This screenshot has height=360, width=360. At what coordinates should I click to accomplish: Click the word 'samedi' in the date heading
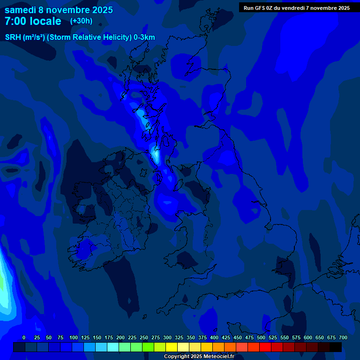(x=20, y=10)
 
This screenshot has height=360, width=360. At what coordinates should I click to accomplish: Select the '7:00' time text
(x=15, y=21)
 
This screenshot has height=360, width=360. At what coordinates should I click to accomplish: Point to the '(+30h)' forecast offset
(x=81, y=21)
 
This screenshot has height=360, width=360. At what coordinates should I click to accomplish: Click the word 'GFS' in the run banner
(x=260, y=7)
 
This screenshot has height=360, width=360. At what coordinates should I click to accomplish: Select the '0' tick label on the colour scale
(x=24, y=337)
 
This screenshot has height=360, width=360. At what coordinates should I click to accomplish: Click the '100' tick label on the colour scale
(x=74, y=337)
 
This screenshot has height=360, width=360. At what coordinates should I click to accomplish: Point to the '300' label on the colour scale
(x=167, y=337)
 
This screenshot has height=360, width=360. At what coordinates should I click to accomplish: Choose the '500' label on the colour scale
(x=261, y=337)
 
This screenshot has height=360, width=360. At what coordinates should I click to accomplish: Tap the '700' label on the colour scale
(x=343, y=337)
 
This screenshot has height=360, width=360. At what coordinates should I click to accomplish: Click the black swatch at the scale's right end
(x=336, y=347)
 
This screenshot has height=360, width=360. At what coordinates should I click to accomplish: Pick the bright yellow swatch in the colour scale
(x=172, y=347)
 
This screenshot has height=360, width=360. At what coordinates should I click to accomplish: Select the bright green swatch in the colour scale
(x=148, y=347)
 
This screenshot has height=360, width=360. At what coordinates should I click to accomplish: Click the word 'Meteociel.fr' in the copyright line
(x=218, y=356)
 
